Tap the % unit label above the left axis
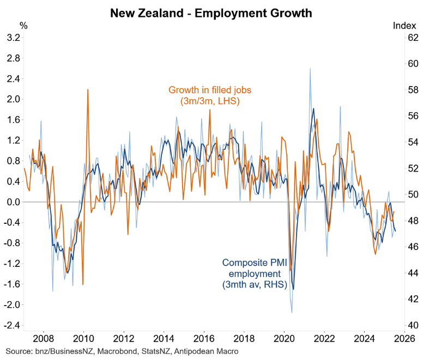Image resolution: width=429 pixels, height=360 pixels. [x=23, y=26]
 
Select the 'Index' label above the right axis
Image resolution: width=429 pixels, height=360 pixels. [x=404, y=26]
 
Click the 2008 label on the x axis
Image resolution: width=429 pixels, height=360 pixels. [x=43, y=337]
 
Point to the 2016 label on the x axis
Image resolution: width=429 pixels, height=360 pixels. [x=204, y=337]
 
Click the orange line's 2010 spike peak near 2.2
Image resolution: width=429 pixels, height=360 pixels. [x=88, y=89]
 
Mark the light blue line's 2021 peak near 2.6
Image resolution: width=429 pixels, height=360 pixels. [x=310, y=69]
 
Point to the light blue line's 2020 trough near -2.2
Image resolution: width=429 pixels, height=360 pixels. [x=292, y=313]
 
